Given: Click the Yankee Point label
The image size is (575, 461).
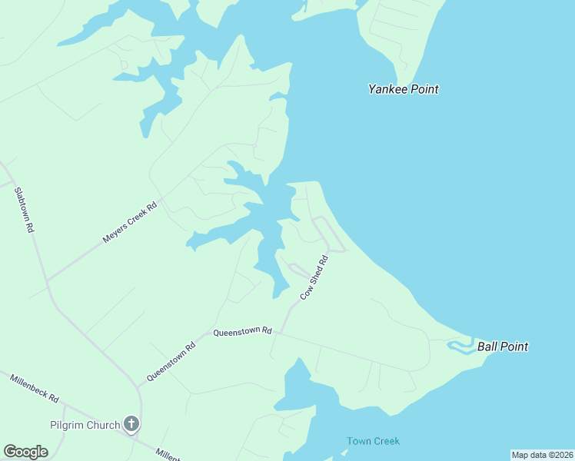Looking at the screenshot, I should coord(403,89).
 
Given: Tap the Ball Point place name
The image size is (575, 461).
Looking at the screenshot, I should coord(503,347).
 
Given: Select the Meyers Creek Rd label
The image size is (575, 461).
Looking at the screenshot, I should coord(130,223).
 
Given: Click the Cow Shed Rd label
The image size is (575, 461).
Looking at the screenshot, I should coord(314,277).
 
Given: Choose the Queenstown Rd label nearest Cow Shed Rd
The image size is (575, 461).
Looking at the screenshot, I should coord(243,332).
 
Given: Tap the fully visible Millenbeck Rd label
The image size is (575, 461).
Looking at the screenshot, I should coord(35,388).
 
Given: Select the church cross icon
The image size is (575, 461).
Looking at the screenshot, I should coord(131,424).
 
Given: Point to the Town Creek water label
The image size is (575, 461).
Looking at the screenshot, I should coord(373,441).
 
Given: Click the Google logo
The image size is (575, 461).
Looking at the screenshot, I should coord(25,452).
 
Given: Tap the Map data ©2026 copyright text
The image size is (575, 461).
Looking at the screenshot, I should coord(542,455).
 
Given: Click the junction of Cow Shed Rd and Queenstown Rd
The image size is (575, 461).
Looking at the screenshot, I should coord(280,333).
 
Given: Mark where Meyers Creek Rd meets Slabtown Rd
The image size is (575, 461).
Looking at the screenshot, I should coord(48,280).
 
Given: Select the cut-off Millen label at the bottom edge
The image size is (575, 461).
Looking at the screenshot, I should coord(167,455).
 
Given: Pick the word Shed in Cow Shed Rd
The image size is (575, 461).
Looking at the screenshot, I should coord(314,277).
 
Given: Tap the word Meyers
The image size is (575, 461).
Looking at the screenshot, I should coord(116,233).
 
